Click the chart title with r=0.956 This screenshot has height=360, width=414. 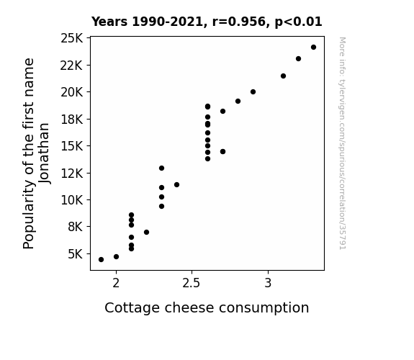pos(207,22)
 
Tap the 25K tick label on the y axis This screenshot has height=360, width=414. pos(71,38)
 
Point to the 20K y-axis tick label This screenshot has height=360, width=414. pos(71,92)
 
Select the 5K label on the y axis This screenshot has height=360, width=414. pos(76,254)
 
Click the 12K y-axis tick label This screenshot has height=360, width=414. pos(71,174)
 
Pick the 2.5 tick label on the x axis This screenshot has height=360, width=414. pos(192,283)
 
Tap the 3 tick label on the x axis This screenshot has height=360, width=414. pos(268,283)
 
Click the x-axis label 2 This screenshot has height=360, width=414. pos(116,283)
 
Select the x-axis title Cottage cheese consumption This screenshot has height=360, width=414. pos(207,308)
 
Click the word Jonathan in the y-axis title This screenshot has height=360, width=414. pos(44,153)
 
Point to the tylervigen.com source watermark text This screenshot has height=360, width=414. pos(343,143)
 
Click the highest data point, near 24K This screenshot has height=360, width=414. pos(313,48)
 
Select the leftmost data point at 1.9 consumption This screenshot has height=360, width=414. pos(101,260)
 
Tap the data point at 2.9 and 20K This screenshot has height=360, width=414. pos(253,92)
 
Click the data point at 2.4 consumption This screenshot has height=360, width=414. pos(176,184)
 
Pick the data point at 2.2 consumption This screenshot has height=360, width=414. pos(147,232)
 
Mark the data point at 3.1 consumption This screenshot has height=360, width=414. pos(283,76)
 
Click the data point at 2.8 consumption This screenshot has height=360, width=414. pos(238,101)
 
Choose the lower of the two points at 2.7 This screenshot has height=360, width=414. pos(223,152)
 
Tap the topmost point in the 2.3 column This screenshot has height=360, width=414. pos(161,168)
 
